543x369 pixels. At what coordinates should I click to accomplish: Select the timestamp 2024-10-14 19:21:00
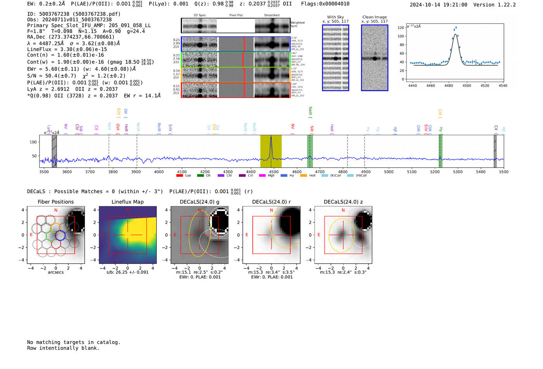pyautogui.click(x=438, y=5)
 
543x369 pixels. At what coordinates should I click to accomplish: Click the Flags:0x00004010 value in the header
pyautogui.click(x=325, y=4)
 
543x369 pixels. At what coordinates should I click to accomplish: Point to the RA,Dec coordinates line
pyautogui.click(x=71, y=37)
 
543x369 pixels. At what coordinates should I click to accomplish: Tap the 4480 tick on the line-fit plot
pyautogui.click(x=449, y=86)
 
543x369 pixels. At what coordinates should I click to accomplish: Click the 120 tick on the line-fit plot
pyautogui.click(x=401, y=27)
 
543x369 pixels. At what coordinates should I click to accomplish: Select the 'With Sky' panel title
pyautogui.click(x=335, y=17)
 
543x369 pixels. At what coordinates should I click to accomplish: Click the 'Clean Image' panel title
pyautogui.click(x=374, y=17)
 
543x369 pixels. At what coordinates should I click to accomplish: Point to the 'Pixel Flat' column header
pyautogui.click(x=236, y=15)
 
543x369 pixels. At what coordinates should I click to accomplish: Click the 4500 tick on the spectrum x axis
pyautogui.click(x=274, y=172)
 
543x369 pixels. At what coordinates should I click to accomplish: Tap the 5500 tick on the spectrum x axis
pyautogui.click(x=503, y=172)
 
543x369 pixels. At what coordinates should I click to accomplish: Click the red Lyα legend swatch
pyautogui.click(x=180, y=175)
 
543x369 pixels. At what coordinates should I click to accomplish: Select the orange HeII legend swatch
pyautogui.click(x=303, y=175)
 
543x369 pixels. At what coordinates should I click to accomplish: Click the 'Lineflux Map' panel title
pyautogui.click(x=127, y=202)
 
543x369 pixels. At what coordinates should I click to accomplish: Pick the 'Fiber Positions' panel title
pyautogui.click(x=55, y=202)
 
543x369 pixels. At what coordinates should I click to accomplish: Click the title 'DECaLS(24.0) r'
pyautogui.click(x=271, y=202)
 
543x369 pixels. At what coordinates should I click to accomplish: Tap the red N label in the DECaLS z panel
pyautogui.click(x=343, y=210)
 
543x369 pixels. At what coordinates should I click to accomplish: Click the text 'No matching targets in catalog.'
pyautogui.click(x=74, y=342)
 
